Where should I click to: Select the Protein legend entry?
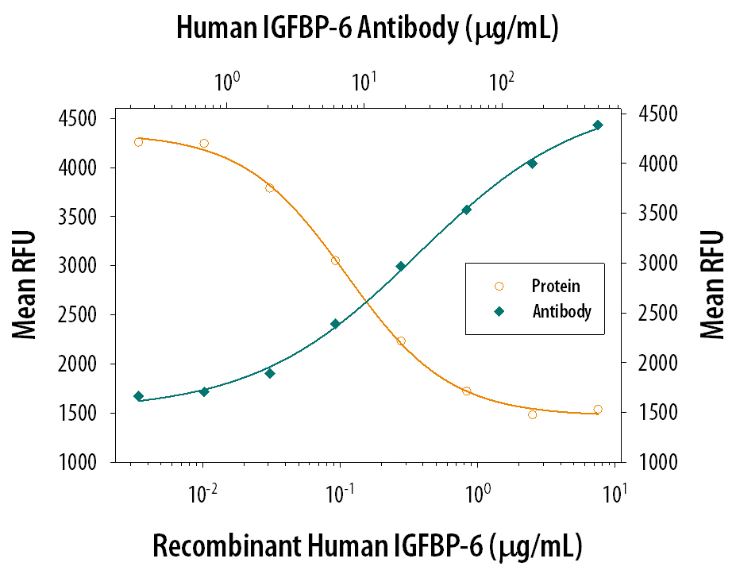[x=557, y=287]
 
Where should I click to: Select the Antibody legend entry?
[x=561, y=311]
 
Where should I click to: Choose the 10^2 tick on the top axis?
[x=500, y=81]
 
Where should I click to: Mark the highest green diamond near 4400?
[x=598, y=125]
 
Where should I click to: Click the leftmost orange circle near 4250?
[x=139, y=142]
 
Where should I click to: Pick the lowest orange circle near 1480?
[x=532, y=414]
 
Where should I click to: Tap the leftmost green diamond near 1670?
[x=139, y=396]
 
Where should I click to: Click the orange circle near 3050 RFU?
[x=335, y=260]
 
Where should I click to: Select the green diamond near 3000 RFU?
[x=401, y=267]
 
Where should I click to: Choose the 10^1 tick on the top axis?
[x=364, y=81]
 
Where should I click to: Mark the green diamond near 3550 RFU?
[x=467, y=210]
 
